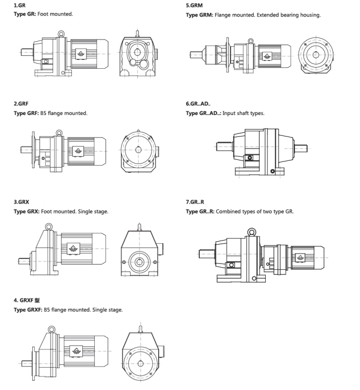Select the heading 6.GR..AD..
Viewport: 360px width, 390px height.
click(198, 105)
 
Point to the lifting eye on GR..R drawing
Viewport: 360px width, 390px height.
click(251, 232)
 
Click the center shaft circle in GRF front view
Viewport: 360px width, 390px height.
click(138, 149)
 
